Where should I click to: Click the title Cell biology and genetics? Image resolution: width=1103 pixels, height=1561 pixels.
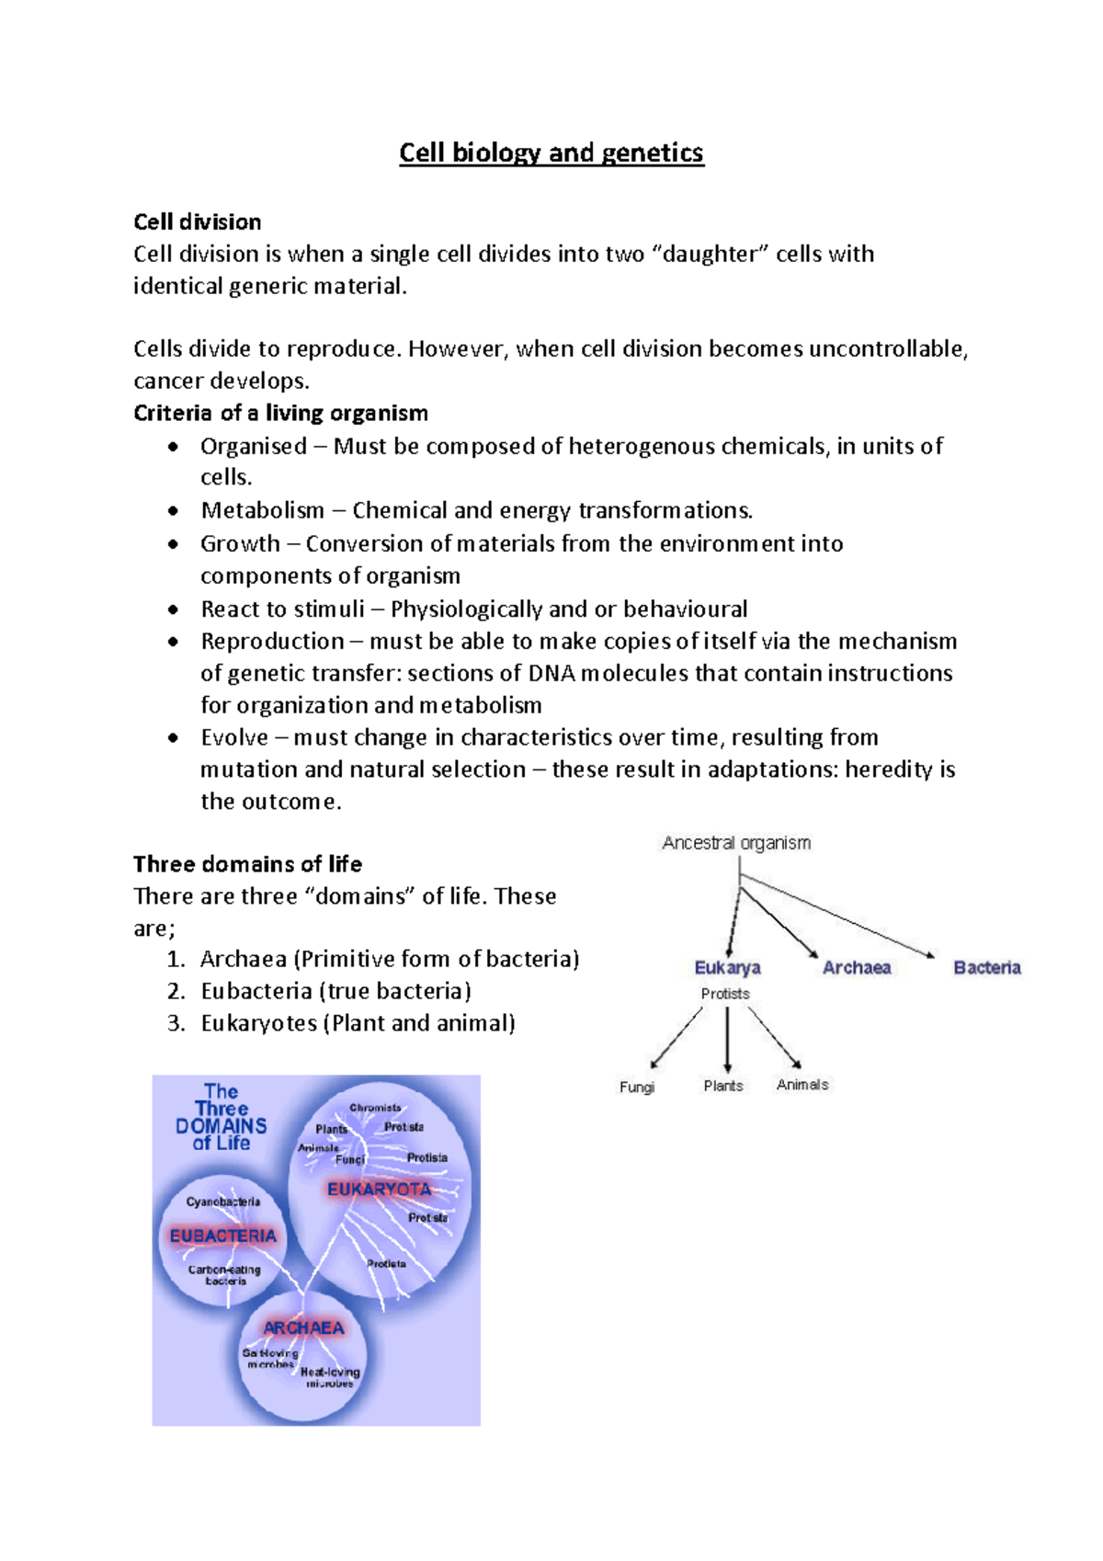point(551,153)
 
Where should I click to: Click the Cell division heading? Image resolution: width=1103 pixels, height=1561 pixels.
point(197,222)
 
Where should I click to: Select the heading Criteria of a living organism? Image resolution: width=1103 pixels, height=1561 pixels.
point(280,413)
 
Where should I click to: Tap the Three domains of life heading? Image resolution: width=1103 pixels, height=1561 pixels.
point(247,864)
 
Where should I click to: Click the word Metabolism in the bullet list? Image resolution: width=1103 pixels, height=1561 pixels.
point(263,510)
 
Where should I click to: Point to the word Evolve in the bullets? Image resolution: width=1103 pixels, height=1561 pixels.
point(234,737)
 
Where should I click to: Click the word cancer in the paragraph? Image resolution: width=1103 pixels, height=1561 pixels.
point(168,381)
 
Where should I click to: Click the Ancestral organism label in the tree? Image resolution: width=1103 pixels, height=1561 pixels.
point(736,843)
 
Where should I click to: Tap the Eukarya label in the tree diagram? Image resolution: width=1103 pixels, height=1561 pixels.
point(727,967)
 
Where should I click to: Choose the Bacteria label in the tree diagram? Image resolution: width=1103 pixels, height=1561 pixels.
point(986,967)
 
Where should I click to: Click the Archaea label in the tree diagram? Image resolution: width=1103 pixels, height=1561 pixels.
point(856,967)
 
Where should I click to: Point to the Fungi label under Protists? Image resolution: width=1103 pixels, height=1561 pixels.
point(637,1087)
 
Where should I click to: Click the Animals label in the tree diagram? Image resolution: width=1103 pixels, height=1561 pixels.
point(802,1085)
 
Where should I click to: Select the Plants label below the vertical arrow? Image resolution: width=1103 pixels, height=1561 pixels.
point(723,1086)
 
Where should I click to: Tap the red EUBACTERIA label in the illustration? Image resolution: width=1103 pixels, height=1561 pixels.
point(222,1236)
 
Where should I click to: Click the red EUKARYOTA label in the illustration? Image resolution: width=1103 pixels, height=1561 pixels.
point(379,1189)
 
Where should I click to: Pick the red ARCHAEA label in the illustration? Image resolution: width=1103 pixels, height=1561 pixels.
point(303,1327)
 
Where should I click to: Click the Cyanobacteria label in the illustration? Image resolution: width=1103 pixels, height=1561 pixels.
point(222,1202)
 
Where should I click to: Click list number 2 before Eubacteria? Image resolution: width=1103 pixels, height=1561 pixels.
point(176,991)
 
